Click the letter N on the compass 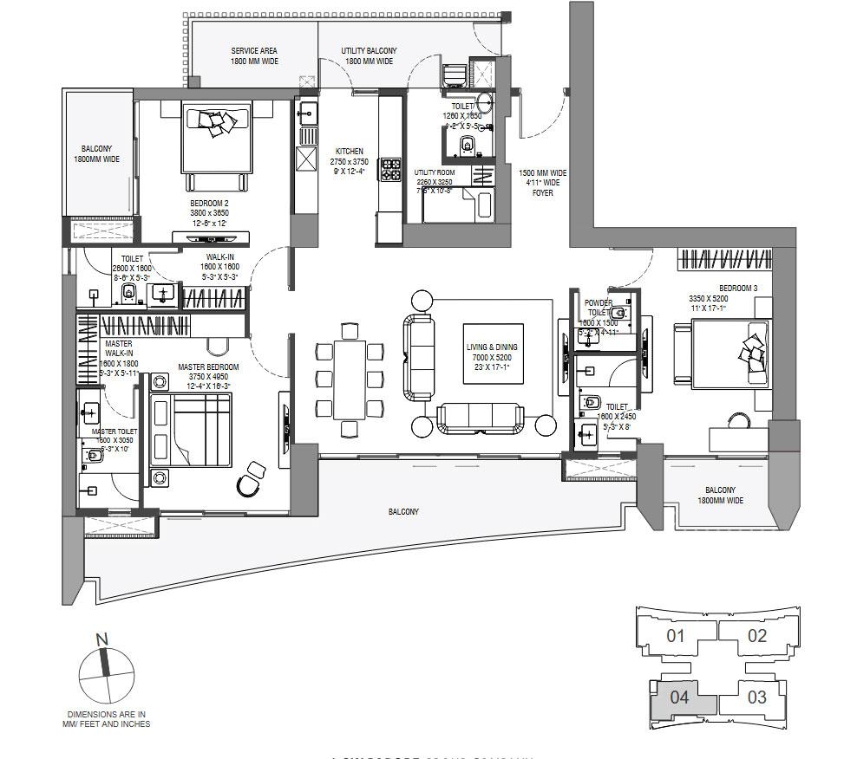(x=102, y=640)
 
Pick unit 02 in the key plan (x=756, y=635)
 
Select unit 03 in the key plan (x=756, y=697)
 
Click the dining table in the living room (x=350, y=378)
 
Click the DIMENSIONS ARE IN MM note (x=107, y=719)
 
